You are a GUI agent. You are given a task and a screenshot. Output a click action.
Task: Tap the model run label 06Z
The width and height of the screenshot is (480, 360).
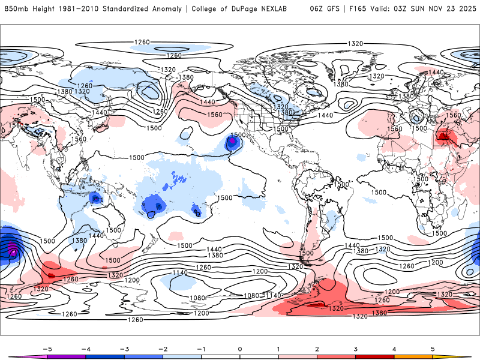click(316, 9)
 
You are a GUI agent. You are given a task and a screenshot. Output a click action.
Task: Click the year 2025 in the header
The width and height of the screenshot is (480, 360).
click(466, 9)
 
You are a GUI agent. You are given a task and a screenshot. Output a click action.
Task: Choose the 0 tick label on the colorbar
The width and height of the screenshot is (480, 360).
click(240, 349)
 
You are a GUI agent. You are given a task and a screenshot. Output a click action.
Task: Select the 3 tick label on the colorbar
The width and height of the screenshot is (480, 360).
click(356, 349)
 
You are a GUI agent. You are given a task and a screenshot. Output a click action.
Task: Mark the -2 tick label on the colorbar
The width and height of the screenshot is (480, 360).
click(162, 349)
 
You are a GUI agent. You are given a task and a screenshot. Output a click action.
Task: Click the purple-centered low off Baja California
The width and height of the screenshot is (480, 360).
click(232, 143)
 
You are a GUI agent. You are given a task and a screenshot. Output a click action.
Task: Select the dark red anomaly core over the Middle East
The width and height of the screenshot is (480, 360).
click(444, 137)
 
